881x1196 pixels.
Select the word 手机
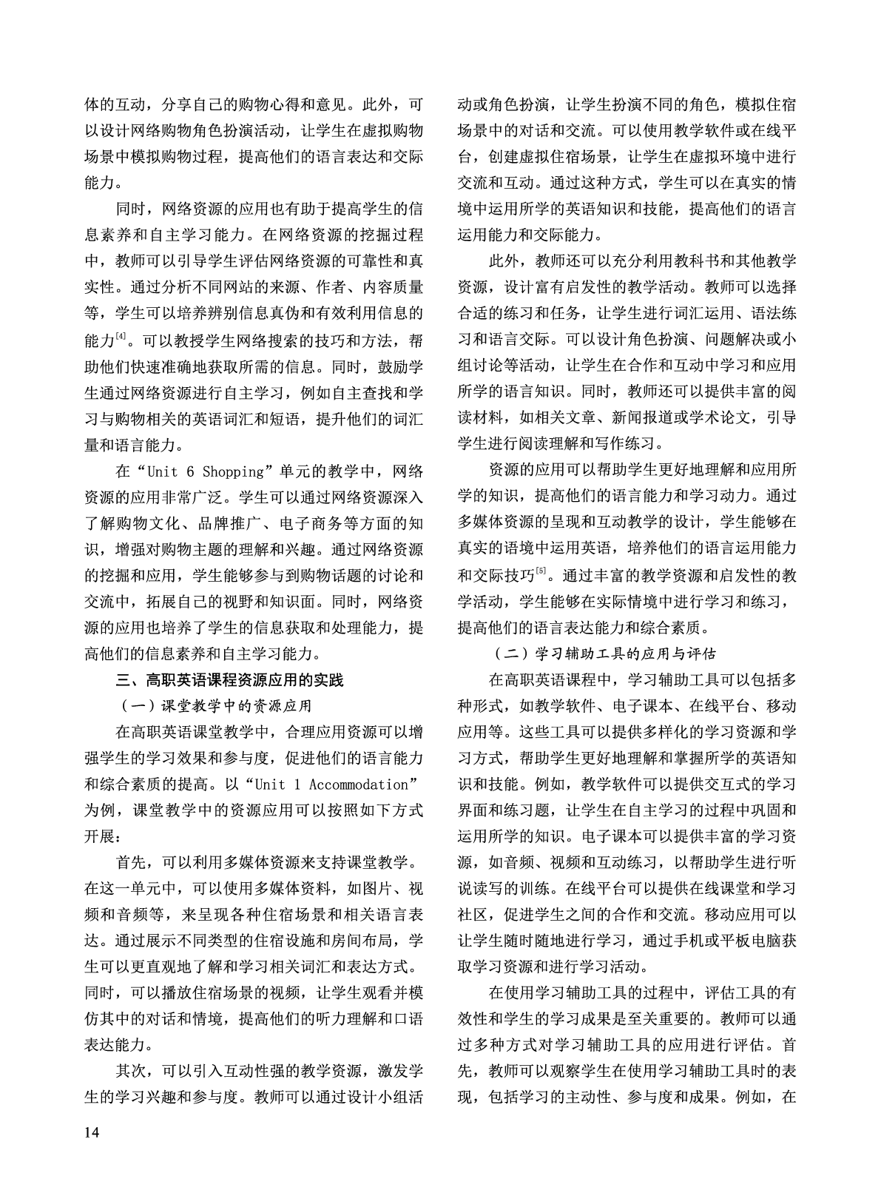click(672, 940)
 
